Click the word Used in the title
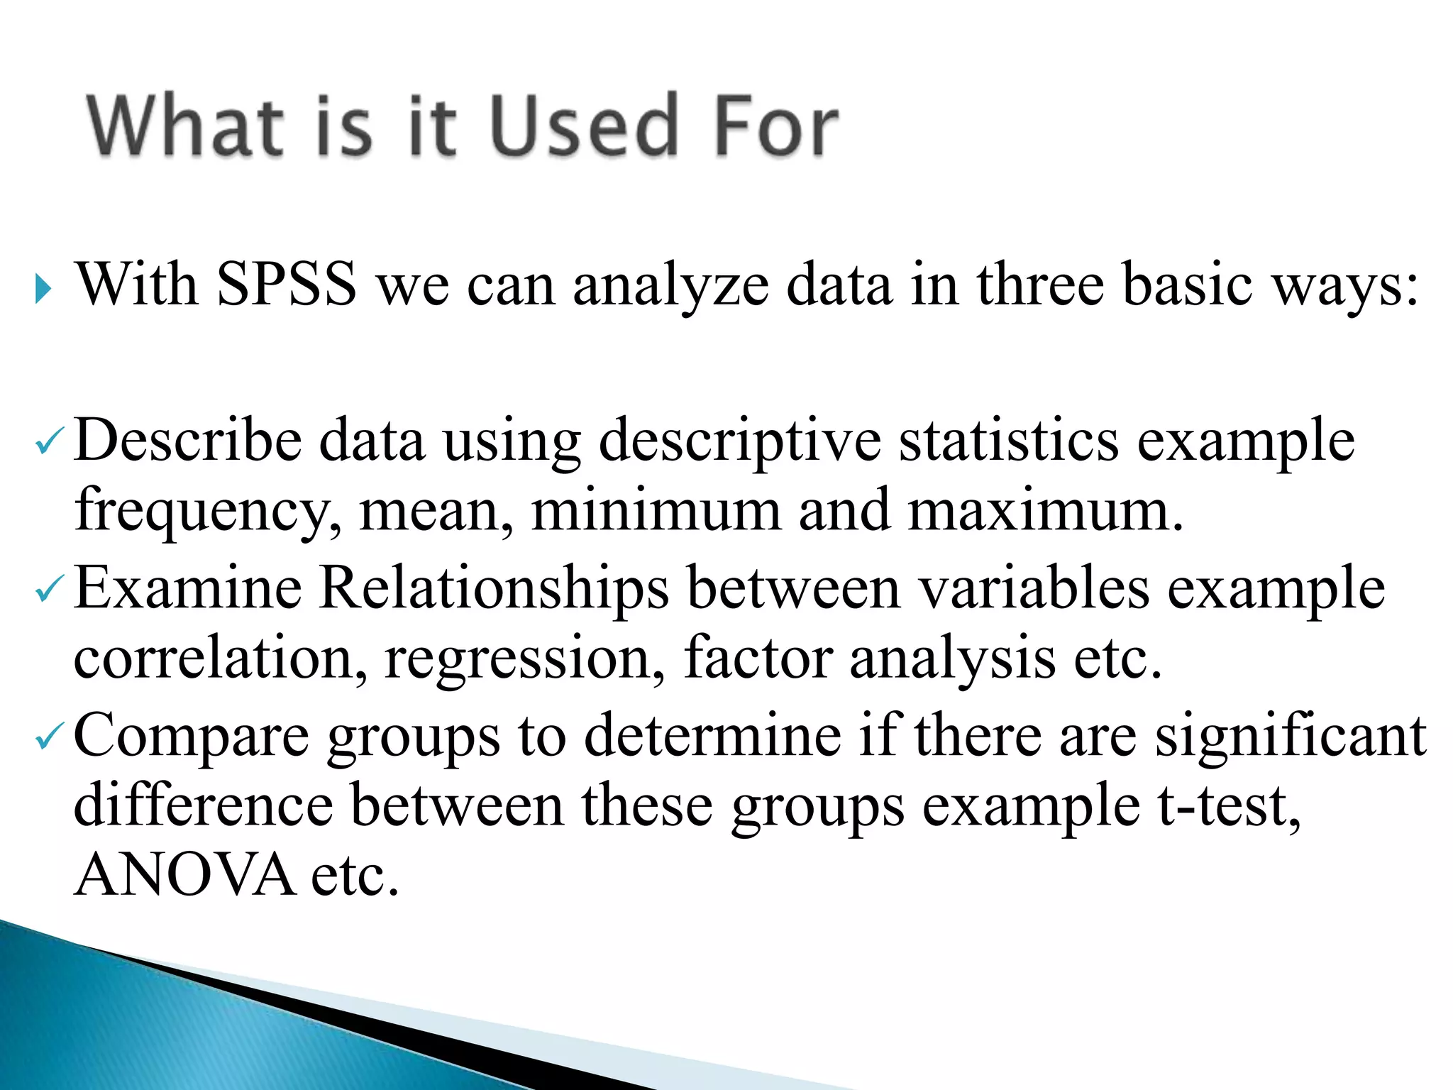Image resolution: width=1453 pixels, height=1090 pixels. [x=583, y=126]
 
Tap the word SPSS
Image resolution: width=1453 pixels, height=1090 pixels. [x=286, y=285]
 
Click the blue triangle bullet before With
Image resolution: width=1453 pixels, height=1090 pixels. [x=43, y=289]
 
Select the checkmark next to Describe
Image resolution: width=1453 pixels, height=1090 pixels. [x=50, y=446]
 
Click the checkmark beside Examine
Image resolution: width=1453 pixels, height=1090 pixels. [x=50, y=592]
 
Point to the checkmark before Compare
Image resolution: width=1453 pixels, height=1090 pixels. [x=50, y=740]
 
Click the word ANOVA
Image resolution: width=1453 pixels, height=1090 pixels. [x=184, y=875]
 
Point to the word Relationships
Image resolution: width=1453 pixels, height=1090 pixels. [x=494, y=589]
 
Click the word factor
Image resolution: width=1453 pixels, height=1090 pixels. [x=758, y=658]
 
